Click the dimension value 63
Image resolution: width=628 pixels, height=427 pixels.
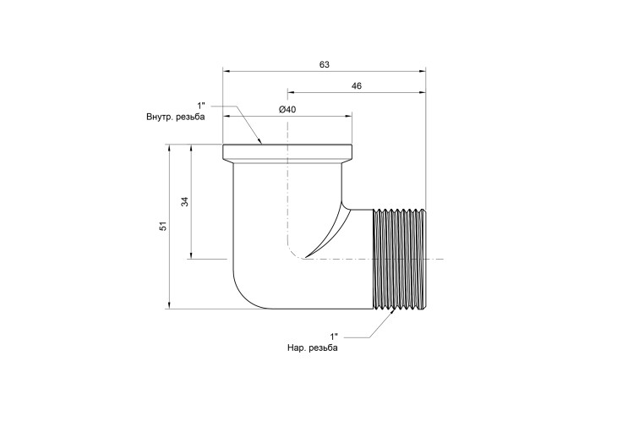point(325,64)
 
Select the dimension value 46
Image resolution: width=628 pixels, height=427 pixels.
point(357,85)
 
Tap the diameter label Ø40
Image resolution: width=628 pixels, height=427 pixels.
point(287,109)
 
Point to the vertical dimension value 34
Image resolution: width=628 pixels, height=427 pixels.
point(184,201)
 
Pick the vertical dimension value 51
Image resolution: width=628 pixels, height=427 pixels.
point(163,226)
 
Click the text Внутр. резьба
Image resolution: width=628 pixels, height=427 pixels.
point(176,117)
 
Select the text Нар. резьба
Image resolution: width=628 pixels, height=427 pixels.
point(313,348)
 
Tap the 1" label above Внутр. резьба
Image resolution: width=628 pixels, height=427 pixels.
point(201,106)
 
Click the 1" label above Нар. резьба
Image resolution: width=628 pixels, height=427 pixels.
point(334,336)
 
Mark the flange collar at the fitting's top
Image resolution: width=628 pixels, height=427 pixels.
point(287,152)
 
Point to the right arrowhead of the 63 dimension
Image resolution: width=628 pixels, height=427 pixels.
point(423,71)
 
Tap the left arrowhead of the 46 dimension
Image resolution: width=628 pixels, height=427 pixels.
point(291,92)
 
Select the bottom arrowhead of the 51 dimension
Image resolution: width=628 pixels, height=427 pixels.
point(170,305)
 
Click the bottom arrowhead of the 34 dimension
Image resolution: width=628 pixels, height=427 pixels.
point(192,255)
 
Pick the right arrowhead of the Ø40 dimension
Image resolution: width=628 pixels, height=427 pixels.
point(348,117)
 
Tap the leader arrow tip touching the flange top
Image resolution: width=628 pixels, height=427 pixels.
point(261,143)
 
